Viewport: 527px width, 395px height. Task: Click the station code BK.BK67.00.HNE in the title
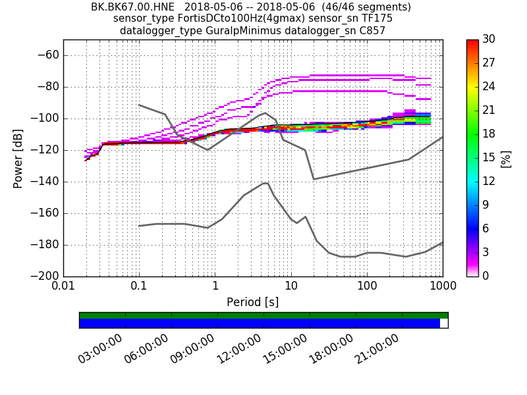click(132, 7)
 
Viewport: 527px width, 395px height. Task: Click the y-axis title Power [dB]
click(18, 158)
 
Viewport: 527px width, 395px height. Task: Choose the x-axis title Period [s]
click(252, 302)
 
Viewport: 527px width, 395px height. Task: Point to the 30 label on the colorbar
click(489, 39)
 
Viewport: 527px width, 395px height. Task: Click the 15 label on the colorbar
click(489, 158)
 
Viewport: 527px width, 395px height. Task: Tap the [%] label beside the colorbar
click(506, 158)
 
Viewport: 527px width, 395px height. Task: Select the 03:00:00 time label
click(99, 349)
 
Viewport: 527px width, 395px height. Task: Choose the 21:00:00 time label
click(376, 349)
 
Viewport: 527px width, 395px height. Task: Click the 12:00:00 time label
click(238, 349)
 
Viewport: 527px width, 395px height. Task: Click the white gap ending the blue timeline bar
click(444, 323)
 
